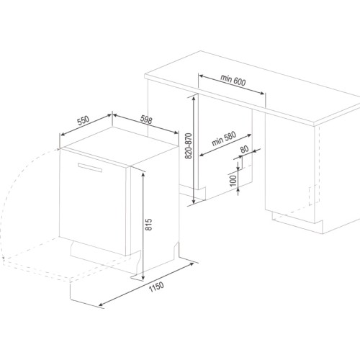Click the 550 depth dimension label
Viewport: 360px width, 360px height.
pyautogui.click(x=84, y=121)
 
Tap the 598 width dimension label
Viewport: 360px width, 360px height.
pyautogui.click(x=146, y=120)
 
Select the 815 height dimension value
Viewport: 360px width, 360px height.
pyautogui.click(x=149, y=225)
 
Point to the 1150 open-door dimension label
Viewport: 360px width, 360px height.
pyautogui.click(x=156, y=287)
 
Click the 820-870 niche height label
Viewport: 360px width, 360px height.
pyautogui.click(x=189, y=145)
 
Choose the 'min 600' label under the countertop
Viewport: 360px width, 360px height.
pyautogui.click(x=233, y=80)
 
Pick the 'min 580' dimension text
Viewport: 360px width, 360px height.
pyautogui.click(x=224, y=139)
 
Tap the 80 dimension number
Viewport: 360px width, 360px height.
pyautogui.click(x=244, y=149)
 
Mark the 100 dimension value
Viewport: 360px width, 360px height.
pyautogui.click(x=233, y=181)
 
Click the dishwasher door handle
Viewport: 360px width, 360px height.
pyautogui.click(x=90, y=167)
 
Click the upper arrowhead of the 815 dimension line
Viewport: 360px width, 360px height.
pyautogui.click(x=143, y=174)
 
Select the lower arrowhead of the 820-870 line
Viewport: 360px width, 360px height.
pyautogui.click(x=194, y=201)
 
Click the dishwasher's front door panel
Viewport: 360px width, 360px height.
pyautogui.click(x=92, y=202)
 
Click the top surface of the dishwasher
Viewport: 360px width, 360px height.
pyautogui.click(x=120, y=146)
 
